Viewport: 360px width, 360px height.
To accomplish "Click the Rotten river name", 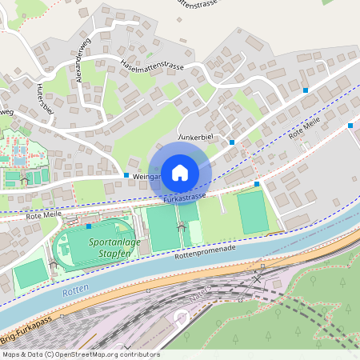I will coord(74,293).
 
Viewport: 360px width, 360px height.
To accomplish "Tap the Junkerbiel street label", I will coord(194,138).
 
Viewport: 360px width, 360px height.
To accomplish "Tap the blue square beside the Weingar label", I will coord(126,174).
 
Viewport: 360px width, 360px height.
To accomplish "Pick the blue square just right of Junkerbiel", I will coord(232,142).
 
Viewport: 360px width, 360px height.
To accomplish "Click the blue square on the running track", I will coord(89,227).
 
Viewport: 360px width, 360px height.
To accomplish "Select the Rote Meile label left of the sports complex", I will coord(44,215).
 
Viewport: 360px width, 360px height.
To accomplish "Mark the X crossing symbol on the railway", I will coord(257,278).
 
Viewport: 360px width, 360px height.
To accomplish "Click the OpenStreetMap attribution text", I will coord(80,354).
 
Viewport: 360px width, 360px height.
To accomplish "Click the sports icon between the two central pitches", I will coord(181,228).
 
